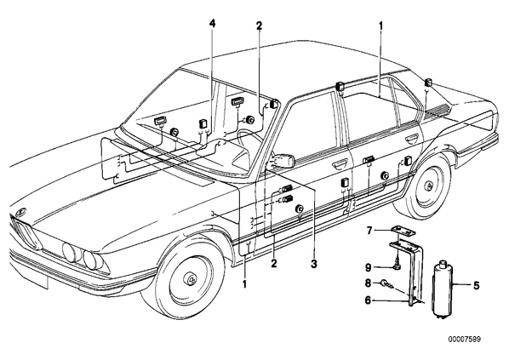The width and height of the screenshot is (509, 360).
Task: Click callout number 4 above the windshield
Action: click(212, 23)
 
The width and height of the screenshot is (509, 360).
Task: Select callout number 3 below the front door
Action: click(313, 264)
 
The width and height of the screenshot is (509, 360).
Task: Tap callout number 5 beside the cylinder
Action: click(476, 286)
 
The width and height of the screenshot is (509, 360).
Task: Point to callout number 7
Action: click(369, 231)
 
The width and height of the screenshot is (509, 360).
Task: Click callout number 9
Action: click(368, 267)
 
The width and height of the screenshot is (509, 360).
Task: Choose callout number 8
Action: click(368, 283)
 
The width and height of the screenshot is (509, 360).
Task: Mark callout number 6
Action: click(368, 300)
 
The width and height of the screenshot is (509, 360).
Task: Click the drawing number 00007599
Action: click(465, 340)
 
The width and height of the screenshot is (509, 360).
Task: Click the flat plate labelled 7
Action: click(403, 231)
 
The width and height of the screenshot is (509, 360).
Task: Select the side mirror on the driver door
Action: click(283, 160)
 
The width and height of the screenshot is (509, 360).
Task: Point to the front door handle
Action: click(339, 166)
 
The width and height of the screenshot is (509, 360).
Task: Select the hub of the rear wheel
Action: click(430, 186)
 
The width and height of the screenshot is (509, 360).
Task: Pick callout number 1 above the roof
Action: click(380, 25)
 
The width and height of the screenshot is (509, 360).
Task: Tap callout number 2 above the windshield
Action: click(259, 26)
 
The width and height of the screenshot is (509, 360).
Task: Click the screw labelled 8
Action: click(388, 284)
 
